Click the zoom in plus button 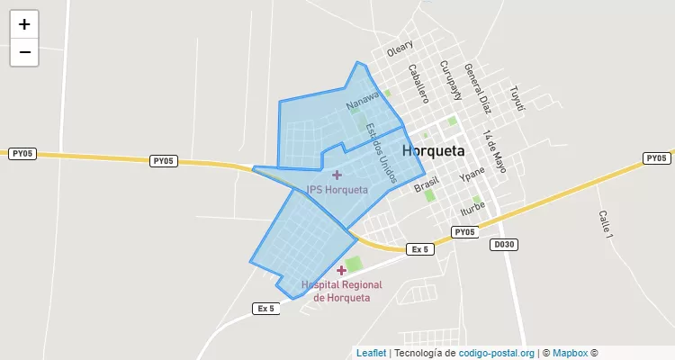tap(24, 24)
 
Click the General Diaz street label tap(477, 88)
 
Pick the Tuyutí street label tap(516, 98)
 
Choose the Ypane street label tap(472, 171)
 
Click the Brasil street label tap(426, 184)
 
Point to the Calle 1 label tap(604, 224)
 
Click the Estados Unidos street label tap(382, 153)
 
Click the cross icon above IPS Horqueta tap(337, 175)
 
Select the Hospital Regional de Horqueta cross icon tap(341, 270)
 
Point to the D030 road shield tap(503, 244)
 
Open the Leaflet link tap(371, 354)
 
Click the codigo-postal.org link tap(497, 354)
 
